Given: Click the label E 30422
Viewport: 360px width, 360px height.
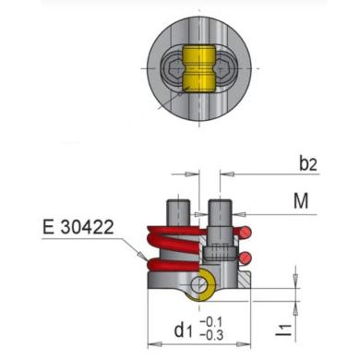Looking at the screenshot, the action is point(78,227).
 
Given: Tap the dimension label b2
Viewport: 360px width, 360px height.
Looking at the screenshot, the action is point(308,164).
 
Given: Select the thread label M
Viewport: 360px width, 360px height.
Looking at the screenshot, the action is point(301,201).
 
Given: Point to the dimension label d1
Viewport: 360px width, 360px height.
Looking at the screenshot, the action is point(183,330).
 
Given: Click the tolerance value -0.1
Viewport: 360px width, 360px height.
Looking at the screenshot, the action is point(211,322).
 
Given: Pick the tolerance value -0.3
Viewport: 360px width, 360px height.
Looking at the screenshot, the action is point(211,335).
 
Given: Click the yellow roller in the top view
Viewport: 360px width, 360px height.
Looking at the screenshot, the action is point(200,68).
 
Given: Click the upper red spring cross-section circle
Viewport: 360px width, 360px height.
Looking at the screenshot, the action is point(246,233).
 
